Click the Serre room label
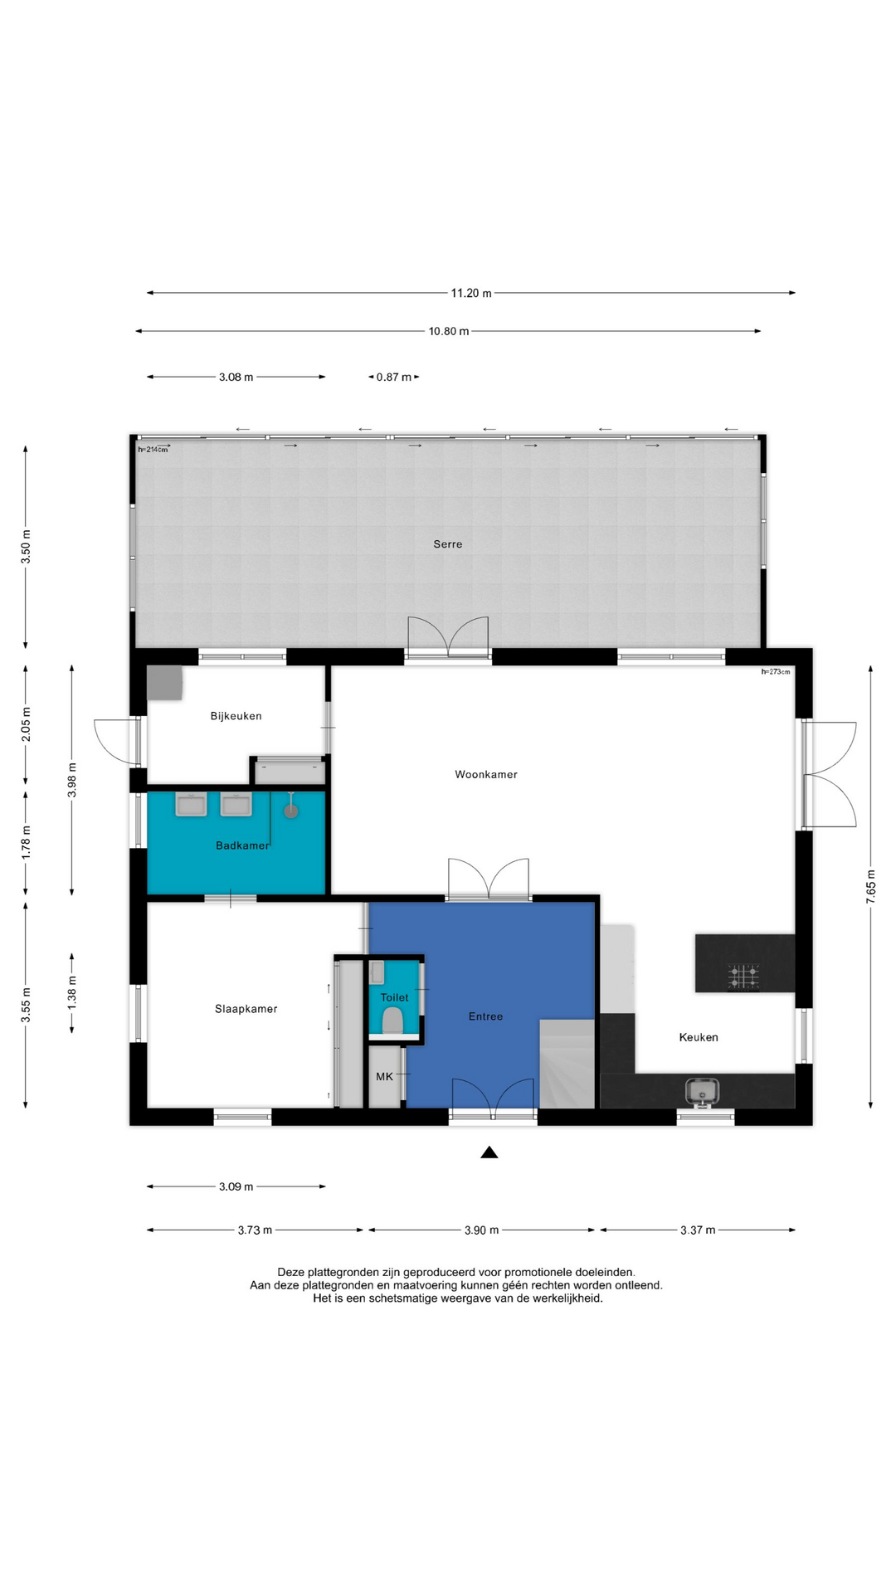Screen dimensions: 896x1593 coord(448,544)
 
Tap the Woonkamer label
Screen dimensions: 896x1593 coord(486,774)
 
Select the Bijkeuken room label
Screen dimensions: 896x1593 coord(236,716)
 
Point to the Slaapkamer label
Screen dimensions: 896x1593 coord(246,1009)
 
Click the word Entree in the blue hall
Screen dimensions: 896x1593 coord(486,1016)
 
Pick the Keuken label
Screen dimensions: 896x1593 coord(699,1037)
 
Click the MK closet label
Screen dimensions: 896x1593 coord(385,1077)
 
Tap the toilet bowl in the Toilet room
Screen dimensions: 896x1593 coord(392,1020)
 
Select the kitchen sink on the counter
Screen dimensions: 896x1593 coord(702,1091)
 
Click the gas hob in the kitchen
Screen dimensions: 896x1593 coord(744,977)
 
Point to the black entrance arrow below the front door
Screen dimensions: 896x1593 coord(489,1152)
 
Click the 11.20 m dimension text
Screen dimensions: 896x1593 coord(471,293)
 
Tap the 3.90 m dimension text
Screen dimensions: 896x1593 coord(482,1230)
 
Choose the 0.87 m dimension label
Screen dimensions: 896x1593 coord(394,378)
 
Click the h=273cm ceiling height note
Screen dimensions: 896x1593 coord(776,672)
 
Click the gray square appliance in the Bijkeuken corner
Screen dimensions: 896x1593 coord(164,683)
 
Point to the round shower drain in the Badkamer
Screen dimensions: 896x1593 coord(291,811)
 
